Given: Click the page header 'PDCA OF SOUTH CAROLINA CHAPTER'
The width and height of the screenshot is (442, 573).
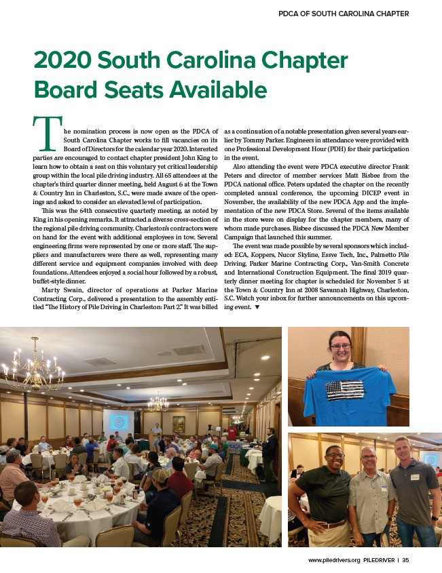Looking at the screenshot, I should [x=344, y=14].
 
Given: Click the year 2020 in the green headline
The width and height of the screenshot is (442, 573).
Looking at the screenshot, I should [x=62, y=60].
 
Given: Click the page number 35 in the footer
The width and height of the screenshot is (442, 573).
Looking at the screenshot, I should [x=405, y=560].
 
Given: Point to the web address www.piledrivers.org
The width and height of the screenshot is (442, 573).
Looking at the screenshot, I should [x=333, y=560].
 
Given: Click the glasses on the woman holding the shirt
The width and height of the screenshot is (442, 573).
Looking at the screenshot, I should [x=341, y=347].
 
